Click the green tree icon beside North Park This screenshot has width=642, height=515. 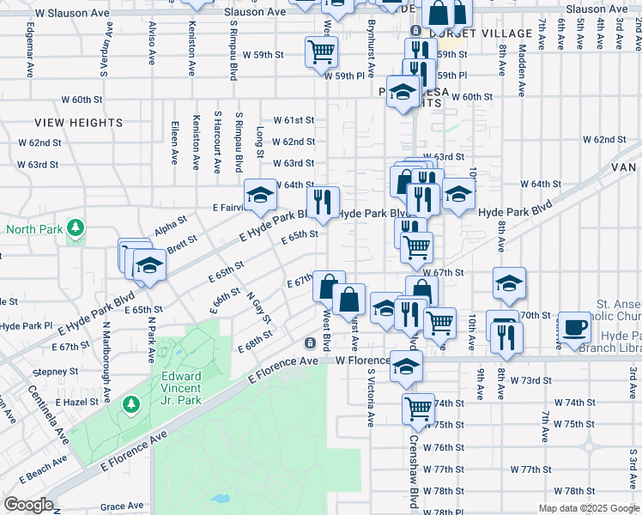[76, 227]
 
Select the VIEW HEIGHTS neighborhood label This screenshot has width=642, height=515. [79, 123]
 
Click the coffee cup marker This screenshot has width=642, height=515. [575, 327]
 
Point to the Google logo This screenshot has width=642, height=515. [28, 504]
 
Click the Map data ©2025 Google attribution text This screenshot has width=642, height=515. [588, 508]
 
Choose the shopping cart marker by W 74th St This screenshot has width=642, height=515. [418, 409]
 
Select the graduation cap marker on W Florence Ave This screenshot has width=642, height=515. [406, 366]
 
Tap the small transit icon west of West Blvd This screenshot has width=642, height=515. [309, 343]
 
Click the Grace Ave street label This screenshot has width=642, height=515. [121, 506]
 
